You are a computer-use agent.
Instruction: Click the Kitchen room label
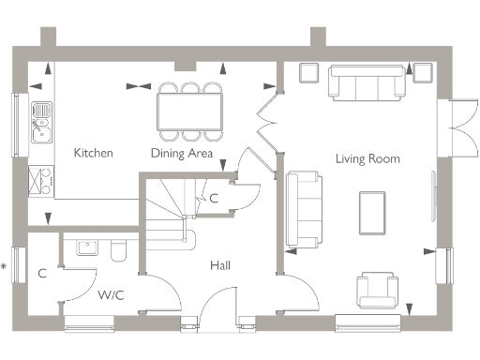point(94,153)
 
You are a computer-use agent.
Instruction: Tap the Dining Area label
point(182,153)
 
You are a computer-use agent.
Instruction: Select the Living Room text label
point(367,158)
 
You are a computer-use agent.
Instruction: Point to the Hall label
point(220,265)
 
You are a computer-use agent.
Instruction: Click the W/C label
point(110,294)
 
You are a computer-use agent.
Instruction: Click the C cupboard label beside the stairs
point(214,198)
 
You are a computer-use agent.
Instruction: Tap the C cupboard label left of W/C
point(42,274)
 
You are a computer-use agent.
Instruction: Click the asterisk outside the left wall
point(5,267)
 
